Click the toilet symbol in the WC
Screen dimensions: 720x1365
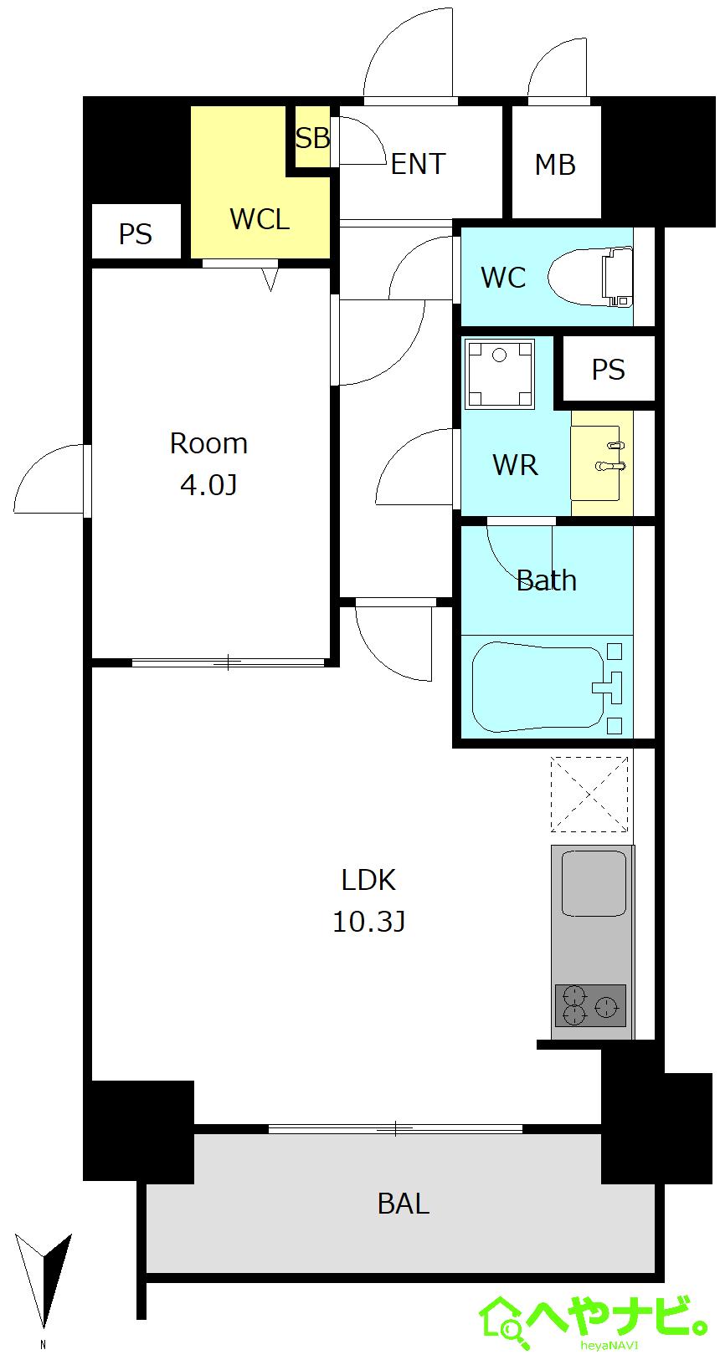click(589, 278)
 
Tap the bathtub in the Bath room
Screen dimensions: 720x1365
click(538, 686)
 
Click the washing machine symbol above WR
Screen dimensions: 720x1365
click(500, 374)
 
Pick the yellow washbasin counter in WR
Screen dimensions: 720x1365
click(602, 463)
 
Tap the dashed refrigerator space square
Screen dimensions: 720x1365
click(589, 794)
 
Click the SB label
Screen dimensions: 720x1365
click(312, 138)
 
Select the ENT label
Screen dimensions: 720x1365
click(418, 164)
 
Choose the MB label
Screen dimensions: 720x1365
click(555, 165)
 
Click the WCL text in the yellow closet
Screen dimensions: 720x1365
click(260, 219)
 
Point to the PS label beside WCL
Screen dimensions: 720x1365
click(136, 234)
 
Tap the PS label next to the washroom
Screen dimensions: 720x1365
click(609, 370)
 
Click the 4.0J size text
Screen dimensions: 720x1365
click(208, 485)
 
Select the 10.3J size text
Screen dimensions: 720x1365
click(368, 922)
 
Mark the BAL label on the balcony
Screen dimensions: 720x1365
click(404, 1204)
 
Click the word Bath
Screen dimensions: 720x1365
click(546, 580)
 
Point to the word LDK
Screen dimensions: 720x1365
click(368, 880)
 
